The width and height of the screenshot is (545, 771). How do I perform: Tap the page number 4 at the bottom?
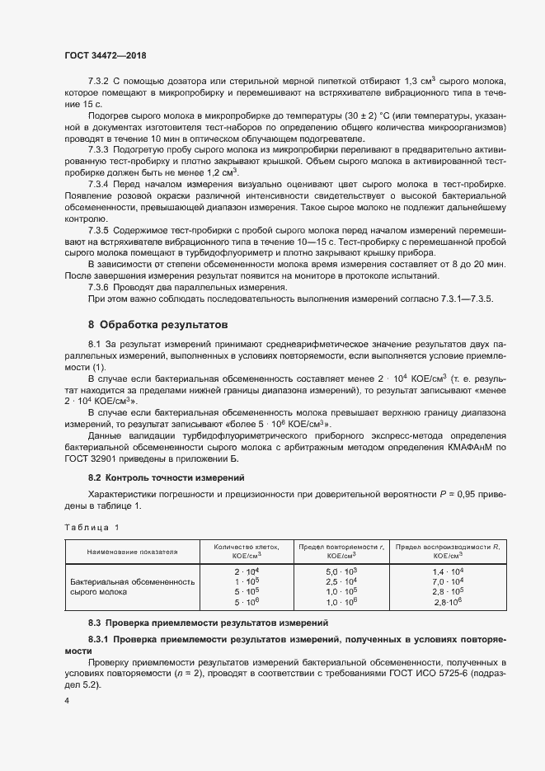(x=67, y=701)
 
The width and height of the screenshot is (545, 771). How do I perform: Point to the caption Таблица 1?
(x=91, y=526)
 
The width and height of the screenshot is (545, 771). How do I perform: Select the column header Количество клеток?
(x=247, y=551)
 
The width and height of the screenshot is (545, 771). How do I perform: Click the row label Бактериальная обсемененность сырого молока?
(x=132, y=586)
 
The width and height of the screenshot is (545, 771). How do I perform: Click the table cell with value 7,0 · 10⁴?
(x=448, y=581)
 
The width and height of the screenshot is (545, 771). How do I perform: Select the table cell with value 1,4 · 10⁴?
(x=448, y=571)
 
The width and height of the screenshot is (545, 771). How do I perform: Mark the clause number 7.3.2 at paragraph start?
(x=100, y=81)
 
